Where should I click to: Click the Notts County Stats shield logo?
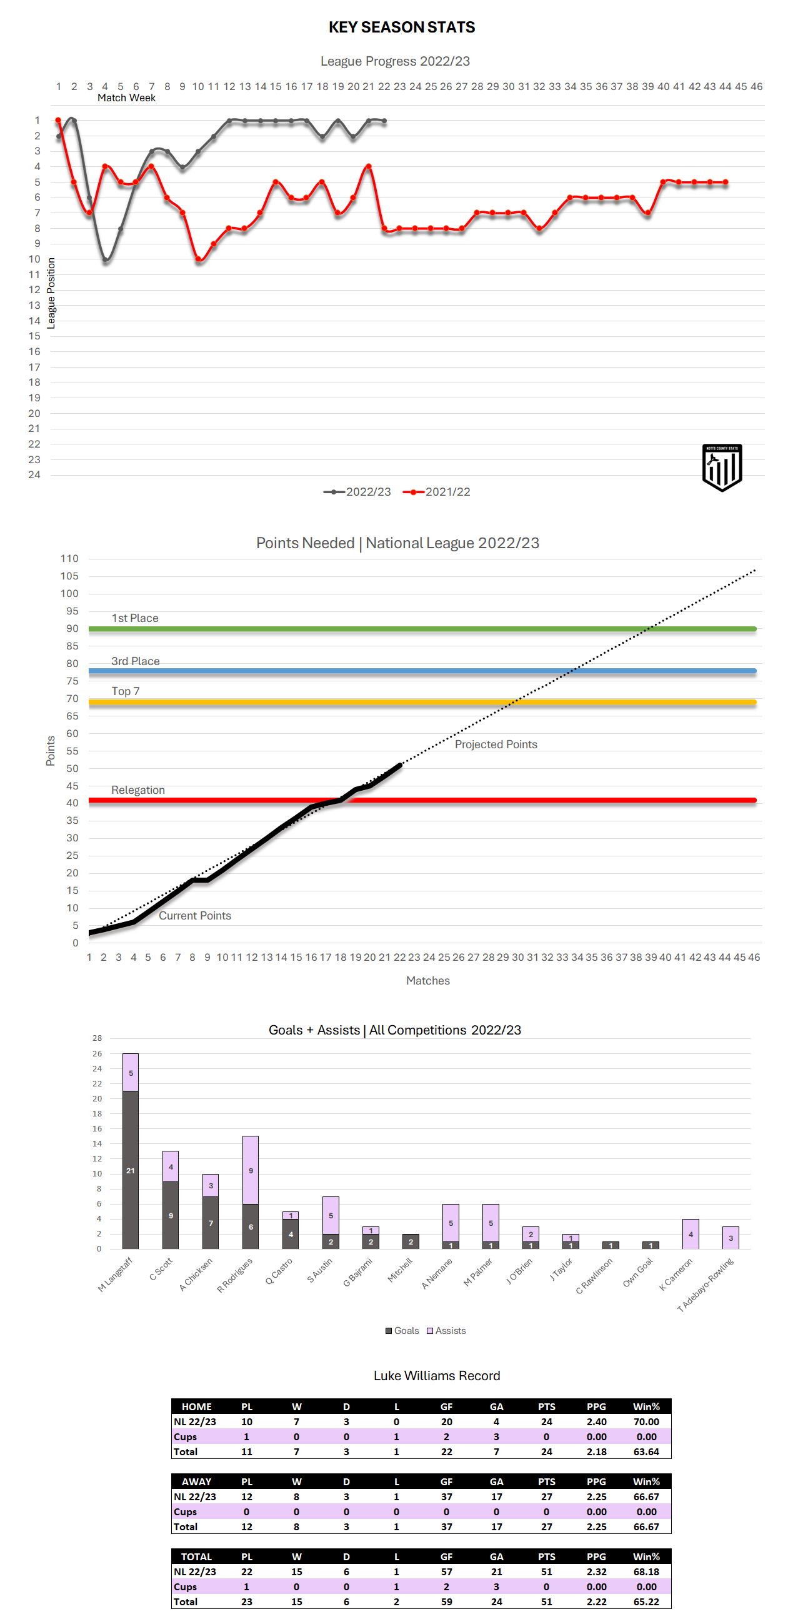[x=722, y=467]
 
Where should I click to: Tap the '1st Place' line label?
[x=135, y=618]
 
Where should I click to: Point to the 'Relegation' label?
[x=138, y=790]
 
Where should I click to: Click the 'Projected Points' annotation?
[x=496, y=744]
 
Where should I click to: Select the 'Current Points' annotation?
[x=195, y=915]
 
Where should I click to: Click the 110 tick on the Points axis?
[x=69, y=559]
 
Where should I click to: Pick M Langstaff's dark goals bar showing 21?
[x=131, y=1170]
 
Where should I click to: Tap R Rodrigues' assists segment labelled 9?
[x=250, y=1170]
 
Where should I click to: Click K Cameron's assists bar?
[x=691, y=1234]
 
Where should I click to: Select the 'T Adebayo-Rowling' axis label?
[x=706, y=1285]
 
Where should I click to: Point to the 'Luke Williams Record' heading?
[x=437, y=1376]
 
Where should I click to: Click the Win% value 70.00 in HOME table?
[x=646, y=1421]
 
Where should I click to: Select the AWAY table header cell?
[x=196, y=1481]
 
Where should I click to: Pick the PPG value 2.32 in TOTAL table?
[x=596, y=1571]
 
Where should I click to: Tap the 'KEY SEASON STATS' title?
[x=402, y=27]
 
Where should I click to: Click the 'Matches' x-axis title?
[x=428, y=980]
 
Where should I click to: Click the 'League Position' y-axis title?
[x=52, y=293]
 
